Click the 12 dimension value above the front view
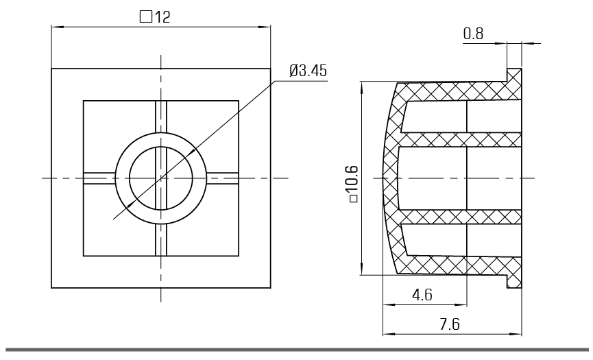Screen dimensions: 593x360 [162, 17]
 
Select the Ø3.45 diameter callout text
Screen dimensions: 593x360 [308, 71]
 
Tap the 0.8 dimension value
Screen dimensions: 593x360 [473, 34]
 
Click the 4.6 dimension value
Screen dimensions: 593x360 [422, 295]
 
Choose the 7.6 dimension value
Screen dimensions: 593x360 [450, 324]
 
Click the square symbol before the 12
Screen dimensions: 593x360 [145, 17]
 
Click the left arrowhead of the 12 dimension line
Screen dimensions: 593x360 [57, 27]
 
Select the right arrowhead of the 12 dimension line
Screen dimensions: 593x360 [265, 27]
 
